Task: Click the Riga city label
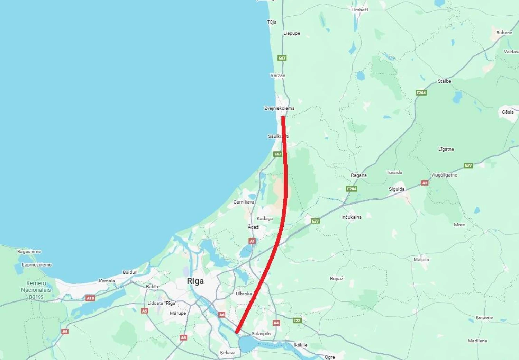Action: click(195, 281)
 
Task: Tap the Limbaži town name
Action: click(359, 10)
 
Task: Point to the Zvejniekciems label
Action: click(279, 108)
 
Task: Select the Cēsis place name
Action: click(508, 112)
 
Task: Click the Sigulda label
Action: click(397, 189)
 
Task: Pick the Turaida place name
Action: click(394, 172)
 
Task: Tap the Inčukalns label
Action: click(351, 217)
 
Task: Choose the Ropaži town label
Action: click(337, 278)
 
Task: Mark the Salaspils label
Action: click(261, 334)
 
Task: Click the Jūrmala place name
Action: click(106, 281)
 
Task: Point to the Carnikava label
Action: click(244, 202)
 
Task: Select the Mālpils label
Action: click(421, 259)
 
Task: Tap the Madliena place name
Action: click(477, 341)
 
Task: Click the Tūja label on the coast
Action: click(272, 22)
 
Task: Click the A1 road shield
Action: click(252, 241)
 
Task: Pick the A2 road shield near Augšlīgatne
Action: click(425, 183)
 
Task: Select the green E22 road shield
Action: click(297, 321)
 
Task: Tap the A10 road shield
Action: click(90, 298)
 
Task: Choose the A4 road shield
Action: click(276, 323)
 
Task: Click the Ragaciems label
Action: click(29, 251)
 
